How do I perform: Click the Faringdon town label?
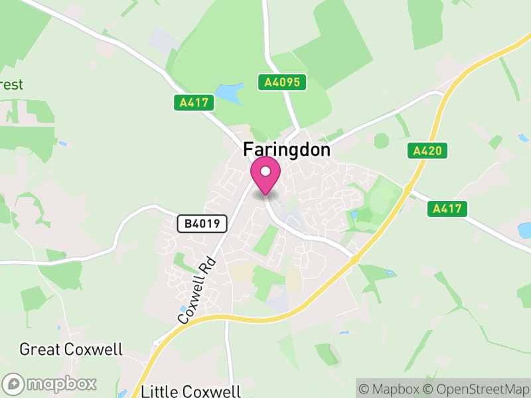point(287,150)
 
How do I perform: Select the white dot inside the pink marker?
point(265,172)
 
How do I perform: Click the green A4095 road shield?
point(282,82)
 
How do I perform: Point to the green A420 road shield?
point(427,151)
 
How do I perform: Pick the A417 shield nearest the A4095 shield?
point(194,103)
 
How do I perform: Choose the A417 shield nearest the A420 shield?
point(447,209)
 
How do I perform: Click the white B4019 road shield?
point(202,224)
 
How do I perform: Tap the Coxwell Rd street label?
point(198,290)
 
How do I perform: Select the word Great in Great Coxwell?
point(41,350)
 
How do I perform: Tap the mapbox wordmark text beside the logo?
point(62,383)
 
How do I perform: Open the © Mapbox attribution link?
point(390,389)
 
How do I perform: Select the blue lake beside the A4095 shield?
point(230,93)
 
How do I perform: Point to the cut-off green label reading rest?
point(11,85)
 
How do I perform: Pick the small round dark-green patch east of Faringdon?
point(381,141)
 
